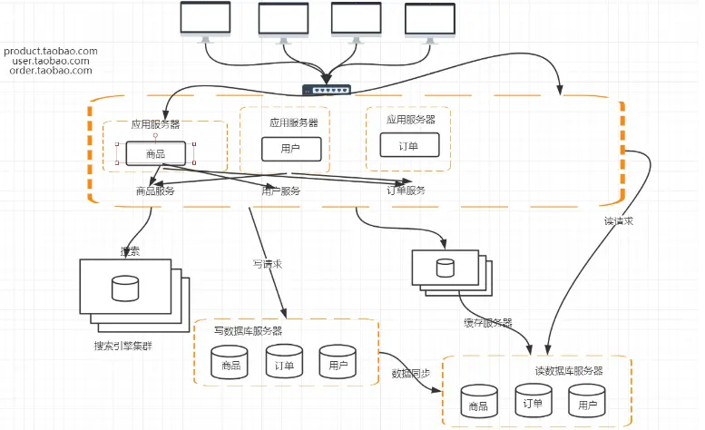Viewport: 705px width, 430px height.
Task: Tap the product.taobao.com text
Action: click(x=50, y=51)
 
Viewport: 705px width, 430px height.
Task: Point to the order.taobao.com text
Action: click(x=51, y=70)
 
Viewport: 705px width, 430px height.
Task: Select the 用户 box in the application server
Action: click(x=291, y=149)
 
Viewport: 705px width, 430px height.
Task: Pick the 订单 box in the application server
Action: click(x=408, y=145)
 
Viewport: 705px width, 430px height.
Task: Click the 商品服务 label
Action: click(x=154, y=191)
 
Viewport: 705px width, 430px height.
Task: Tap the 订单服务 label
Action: click(x=406, y=191)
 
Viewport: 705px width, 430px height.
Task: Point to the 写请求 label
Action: click(x=267, y=265)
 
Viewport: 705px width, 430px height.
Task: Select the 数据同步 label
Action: click(x=410, y=374)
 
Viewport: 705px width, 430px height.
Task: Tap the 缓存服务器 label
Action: click(x=487, y=323)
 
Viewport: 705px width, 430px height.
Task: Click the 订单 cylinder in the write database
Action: click(x=283, y=362)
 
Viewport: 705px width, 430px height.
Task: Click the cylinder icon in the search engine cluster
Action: click(x=124, y=288)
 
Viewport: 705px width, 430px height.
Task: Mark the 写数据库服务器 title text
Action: click(x=248, y=330)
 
